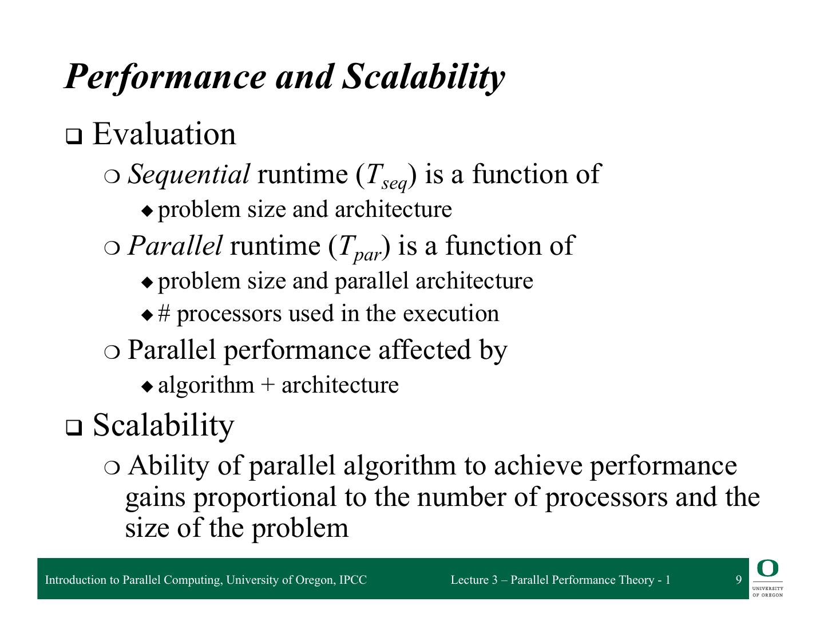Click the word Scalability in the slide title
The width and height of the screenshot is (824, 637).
tap(423, 76)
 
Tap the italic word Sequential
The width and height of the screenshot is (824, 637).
tap(189, 174)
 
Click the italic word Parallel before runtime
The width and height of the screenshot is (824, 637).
tap(175, 246)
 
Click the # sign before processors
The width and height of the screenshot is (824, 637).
tap(164, 314)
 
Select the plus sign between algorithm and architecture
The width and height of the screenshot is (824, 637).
tap(267, 385)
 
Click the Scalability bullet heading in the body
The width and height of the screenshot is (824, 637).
tap(163, 425)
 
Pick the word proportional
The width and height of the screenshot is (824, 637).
tap(265, 497)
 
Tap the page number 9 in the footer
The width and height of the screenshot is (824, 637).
tap(738, 580)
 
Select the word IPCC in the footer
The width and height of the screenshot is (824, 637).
tap(352, 580)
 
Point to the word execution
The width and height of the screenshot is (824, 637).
tap(450, 314)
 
